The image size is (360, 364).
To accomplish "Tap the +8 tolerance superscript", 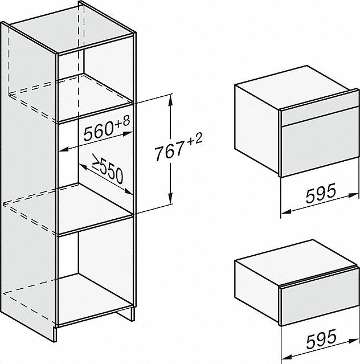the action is click(122, 121).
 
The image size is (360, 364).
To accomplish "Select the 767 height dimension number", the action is click(169, 152).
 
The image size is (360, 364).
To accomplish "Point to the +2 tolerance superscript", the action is click(195, 138).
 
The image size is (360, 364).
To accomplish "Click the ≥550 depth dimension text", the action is click(107, 169).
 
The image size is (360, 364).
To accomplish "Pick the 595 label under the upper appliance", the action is click(321, 193).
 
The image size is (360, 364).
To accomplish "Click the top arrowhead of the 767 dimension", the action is click(170, 100).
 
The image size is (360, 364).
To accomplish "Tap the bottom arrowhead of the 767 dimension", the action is click(171, 198).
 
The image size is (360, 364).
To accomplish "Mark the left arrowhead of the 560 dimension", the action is click(64, 150).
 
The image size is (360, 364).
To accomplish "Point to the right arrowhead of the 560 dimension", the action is click(128, 134).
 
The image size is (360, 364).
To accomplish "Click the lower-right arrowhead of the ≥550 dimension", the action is click(128, 191).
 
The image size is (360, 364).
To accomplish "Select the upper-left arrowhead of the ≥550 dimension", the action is click(83, 167).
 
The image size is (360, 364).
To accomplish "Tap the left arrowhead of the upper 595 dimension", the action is click(286, 211).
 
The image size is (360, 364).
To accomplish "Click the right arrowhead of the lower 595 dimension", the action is click(354, 341).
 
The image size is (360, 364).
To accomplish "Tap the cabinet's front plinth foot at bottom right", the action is click(125, 314).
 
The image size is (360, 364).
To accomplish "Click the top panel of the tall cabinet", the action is click(71, 28).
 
